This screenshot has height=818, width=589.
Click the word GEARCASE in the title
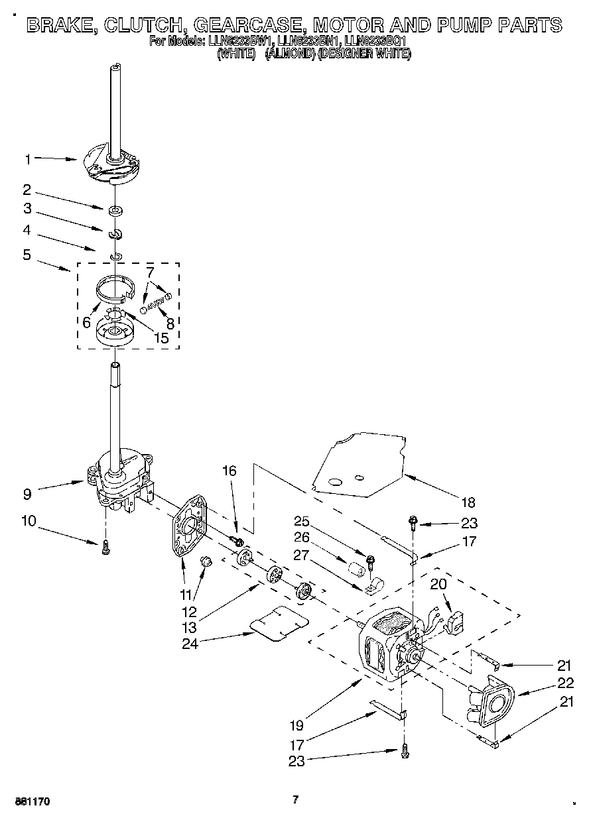pos(249,25)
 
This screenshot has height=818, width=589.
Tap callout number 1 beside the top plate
pos(28,159)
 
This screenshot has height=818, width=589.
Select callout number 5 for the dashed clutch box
pos(27,255)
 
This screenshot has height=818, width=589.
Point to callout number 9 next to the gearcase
pos(28,493)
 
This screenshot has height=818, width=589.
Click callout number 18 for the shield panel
pos(468,502)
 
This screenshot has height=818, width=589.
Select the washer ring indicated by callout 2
pos(117,211)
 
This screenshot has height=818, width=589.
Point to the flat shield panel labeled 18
pos(358,464)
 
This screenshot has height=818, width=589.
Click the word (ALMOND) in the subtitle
pos(289,54)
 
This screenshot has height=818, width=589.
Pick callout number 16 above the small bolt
pos(229,471)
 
